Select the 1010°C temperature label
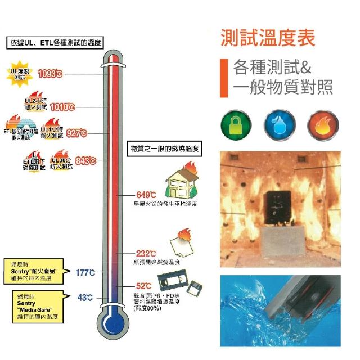click(x=62, y=106)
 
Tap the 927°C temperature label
click(x=77, y=133)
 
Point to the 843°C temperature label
click(x=85, y=160)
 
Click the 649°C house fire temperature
click(x=146, y=195)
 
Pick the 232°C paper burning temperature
click(x=146, y=254)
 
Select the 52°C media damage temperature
click(x=143, y=286)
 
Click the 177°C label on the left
click(x=85, y=272)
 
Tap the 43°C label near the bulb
click(x=85, y=297)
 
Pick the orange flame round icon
click(x=321, y=125)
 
